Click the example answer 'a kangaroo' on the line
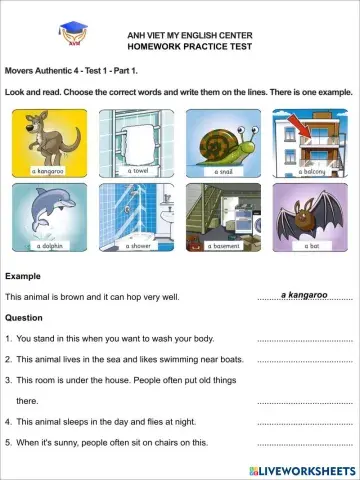coord(304,295)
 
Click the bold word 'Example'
coord(23,275)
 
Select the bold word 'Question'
coord(24,317)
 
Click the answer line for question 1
coord(304,340)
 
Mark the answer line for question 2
coord(304,360)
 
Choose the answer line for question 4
coord(304,423)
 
